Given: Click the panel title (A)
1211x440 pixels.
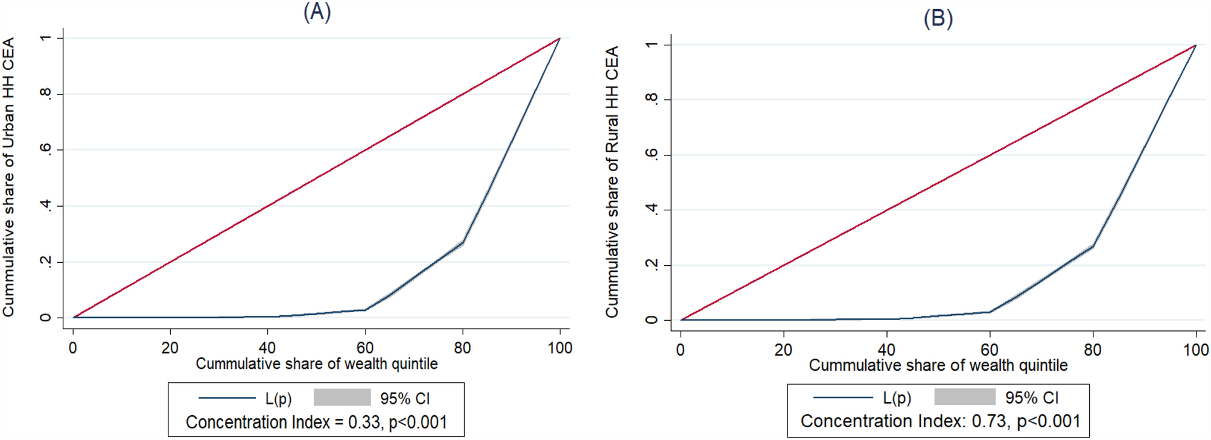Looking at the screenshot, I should click(317, 12).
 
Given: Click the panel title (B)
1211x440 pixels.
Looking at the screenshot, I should click(938, 18).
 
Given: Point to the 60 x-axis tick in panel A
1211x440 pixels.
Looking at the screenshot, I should click(364, 348).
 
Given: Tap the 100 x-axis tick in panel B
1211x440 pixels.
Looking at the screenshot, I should click(1195, 350).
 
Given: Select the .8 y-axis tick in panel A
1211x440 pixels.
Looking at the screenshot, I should click(46, 94).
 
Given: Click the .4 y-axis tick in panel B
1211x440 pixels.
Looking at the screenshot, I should click(652, 210).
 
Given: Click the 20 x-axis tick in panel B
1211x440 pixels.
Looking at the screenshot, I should click(783, 350).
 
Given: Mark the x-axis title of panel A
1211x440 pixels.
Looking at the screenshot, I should click(317, 364).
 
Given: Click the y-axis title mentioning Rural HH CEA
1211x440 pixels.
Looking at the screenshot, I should click(612, 181).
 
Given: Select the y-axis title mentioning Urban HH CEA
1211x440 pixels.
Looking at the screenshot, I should click(8, 177).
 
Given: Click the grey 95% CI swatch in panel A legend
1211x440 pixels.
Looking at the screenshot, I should click(342, 398).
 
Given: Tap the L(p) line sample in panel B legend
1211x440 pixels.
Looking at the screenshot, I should click(843, 398).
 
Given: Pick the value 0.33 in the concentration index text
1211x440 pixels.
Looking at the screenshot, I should click(364, 423).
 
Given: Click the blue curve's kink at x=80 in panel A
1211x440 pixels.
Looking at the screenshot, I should click(463, 243).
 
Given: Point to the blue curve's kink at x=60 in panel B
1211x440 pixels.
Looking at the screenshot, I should click(990, 312).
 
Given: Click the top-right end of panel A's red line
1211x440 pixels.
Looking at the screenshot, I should click(560, 38).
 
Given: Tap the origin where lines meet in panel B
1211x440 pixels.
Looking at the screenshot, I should click(681, 320).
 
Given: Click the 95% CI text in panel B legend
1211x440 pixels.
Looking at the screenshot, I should click(1032, 398).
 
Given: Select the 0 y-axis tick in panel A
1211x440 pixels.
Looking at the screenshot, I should click(46, 318).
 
